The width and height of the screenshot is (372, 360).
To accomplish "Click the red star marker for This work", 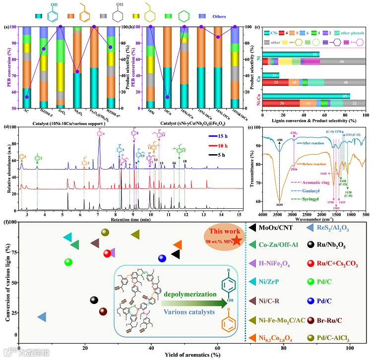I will (x=238, y=240).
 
